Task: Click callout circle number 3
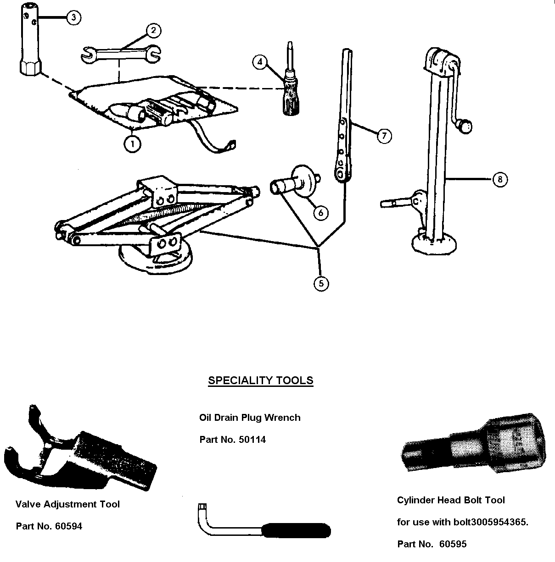click(74, 17)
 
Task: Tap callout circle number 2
click(153, 31)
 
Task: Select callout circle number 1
click(132, 143)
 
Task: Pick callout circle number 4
click(260, 61)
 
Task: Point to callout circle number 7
click(384, 136)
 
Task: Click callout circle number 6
click(321, 213)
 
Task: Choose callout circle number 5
click(321, 284)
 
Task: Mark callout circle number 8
click(500, 179)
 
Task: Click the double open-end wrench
click(121, 53)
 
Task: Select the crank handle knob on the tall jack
click(465, 126)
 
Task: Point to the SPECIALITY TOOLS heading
click(260, 380)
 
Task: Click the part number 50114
click(252, 440)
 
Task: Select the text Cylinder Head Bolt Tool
click(451, 500)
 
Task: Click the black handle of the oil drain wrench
click(298, 530)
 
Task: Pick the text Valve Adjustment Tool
click(67, 504)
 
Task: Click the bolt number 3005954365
click(490, 522)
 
